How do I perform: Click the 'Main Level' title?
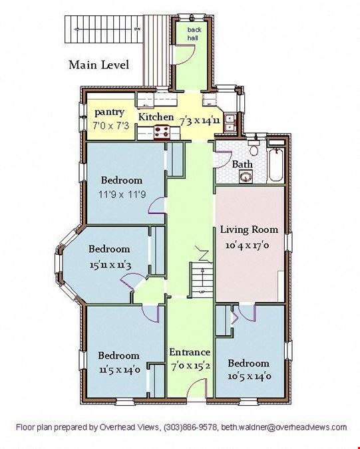pos(98,65)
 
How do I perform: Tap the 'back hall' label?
pos(194,33)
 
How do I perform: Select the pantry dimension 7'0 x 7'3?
pos(110,126)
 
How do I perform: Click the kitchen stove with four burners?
pos(162,132)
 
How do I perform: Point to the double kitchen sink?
pos(230,122)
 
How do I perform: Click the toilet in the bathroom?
pos(253,148)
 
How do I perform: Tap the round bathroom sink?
pos(246,177)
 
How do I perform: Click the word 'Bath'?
pos(242,164)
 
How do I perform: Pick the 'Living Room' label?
pos(249,229)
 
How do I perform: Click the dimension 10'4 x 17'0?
pos(247,245)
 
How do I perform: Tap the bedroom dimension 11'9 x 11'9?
pos(122,195)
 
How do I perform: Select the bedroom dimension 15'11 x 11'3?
pos(110,265)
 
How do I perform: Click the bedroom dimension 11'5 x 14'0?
pos(120,370)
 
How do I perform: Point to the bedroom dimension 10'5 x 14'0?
pos(250,376)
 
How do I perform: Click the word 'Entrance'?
pos(190,352)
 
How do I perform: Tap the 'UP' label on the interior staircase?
pos(202,292)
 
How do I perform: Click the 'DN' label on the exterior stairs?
pos(138,29)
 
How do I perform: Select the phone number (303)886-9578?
pos(190,428)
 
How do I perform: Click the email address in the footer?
pos(284,427)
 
